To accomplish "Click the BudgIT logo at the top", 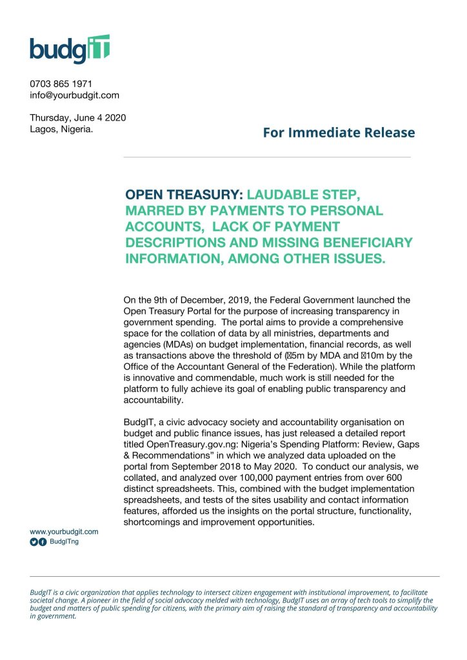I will tap(70, 49).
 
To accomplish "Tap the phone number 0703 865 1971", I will tap(61, 84).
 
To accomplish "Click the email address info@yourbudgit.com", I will tap(74, 95).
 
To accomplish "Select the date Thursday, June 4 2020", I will tap(77, 117).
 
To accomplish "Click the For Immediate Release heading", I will tap(339, 133).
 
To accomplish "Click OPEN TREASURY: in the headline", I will tap(183, 194).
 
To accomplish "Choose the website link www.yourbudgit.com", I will tap(64, 531).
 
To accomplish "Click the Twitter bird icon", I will tap(34, 543).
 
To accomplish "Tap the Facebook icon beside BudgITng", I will tap(43, 543).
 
